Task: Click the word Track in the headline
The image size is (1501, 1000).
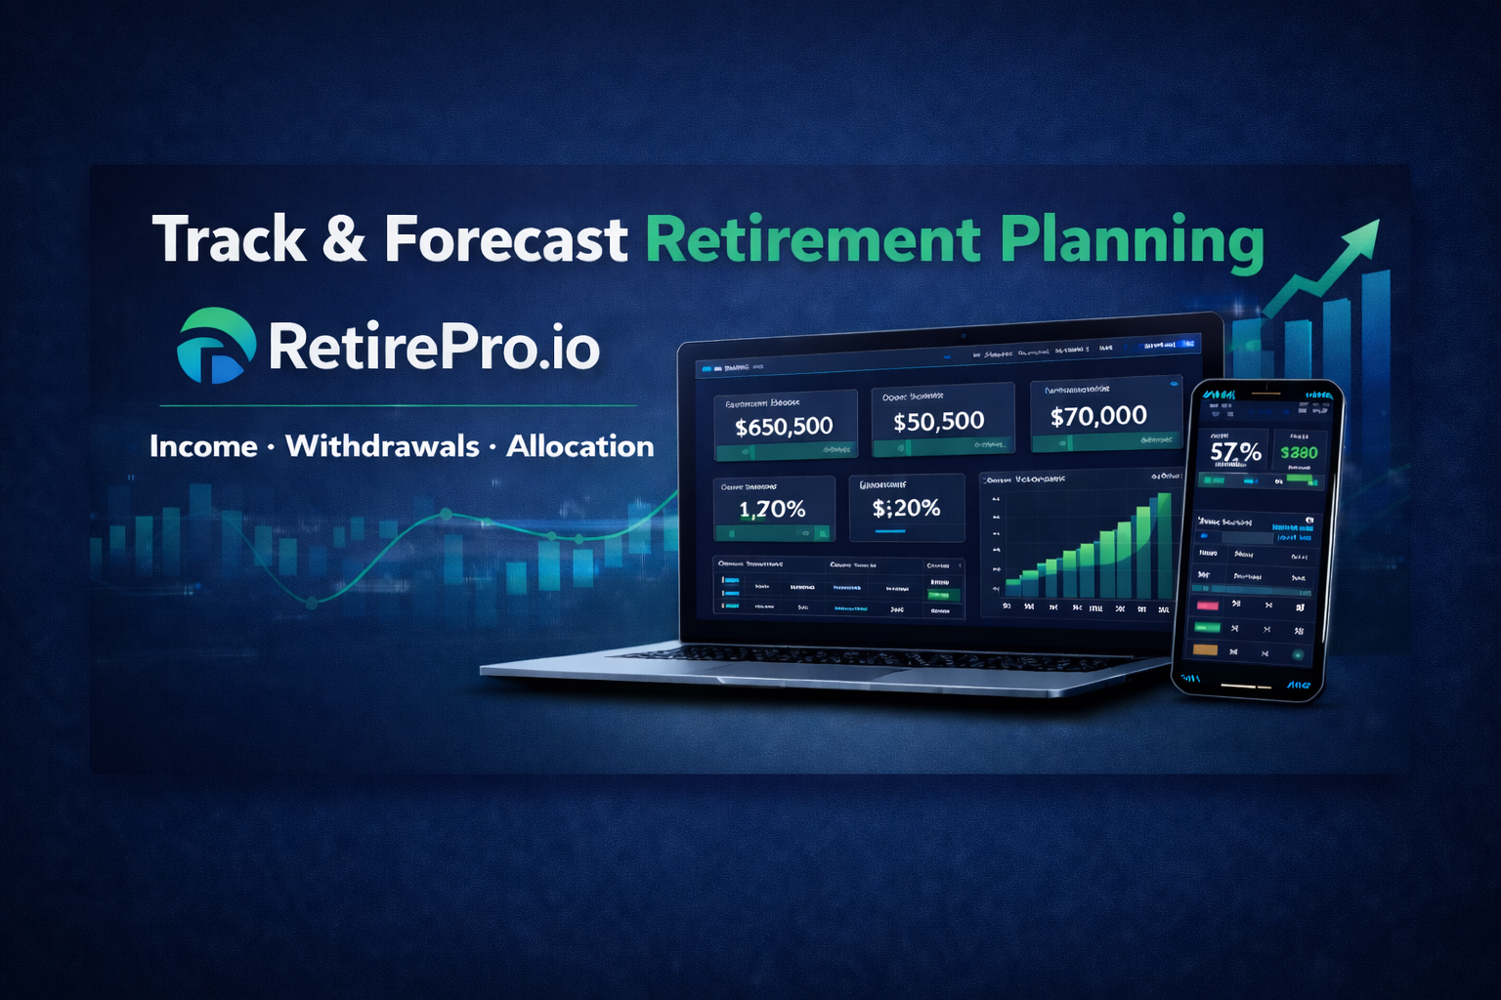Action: click(229, 240)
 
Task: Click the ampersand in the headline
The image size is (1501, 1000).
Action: click(344, 240)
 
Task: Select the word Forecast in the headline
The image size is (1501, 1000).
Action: click(505, 240)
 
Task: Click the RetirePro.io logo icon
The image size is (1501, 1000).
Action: click(215, 346)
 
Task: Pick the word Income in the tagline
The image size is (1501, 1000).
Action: click(203, 446)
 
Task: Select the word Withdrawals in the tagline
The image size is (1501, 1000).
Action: click(382, 446)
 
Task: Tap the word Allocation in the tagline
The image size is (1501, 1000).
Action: click(579, 446)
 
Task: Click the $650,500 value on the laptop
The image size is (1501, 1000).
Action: click(784, 427)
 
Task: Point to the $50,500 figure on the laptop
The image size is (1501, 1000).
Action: click(938, 422)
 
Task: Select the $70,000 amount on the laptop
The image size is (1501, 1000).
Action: click(1098, 417)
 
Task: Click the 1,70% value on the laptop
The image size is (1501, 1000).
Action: click(772, 509)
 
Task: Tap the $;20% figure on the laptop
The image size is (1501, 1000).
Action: click(906, 508)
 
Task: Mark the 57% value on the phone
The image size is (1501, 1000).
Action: click(1235, 452)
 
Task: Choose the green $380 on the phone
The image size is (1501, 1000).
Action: click(1299, 452)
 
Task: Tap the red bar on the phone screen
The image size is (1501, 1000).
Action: click(1208, 605)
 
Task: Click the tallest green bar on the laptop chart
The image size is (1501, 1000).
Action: click(1163, 547)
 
